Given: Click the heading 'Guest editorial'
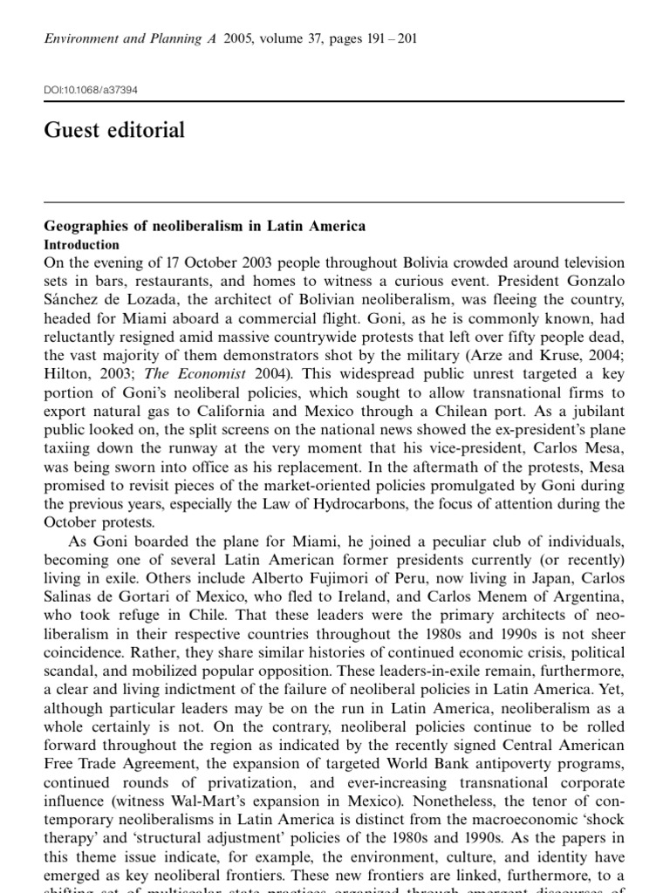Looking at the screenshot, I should click(114, 131).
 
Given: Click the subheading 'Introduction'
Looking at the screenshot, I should click(81, 245).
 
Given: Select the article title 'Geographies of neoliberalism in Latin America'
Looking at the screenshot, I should click(204, 227).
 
